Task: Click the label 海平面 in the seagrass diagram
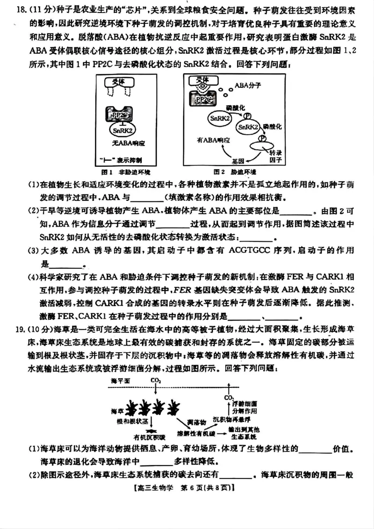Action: tap(121, 381)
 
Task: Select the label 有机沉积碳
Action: tap(149, 437)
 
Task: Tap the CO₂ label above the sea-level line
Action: tap(156, 381)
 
